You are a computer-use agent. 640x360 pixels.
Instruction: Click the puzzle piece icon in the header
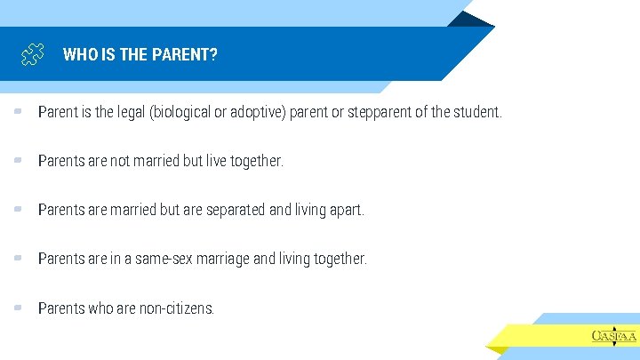(33, 55)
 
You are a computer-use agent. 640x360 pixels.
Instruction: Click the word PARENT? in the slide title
(183, 55)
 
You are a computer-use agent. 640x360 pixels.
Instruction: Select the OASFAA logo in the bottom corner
(613, 335)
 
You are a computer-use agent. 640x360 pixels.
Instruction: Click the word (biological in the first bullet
(180, 113)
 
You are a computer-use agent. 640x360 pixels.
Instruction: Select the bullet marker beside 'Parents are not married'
(18, 161)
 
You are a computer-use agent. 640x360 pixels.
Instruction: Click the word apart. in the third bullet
(346, 211)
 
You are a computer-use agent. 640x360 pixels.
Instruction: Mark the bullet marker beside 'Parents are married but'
(18, 210)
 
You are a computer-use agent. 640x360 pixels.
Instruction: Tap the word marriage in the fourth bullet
(221, 260)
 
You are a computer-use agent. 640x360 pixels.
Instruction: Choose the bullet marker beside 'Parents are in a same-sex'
(18, 259)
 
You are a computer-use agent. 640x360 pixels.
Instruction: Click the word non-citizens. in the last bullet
(177, 308)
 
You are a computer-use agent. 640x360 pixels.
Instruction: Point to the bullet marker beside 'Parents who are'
(18, 308)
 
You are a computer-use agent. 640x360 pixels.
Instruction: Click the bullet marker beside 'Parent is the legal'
(18, 112)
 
